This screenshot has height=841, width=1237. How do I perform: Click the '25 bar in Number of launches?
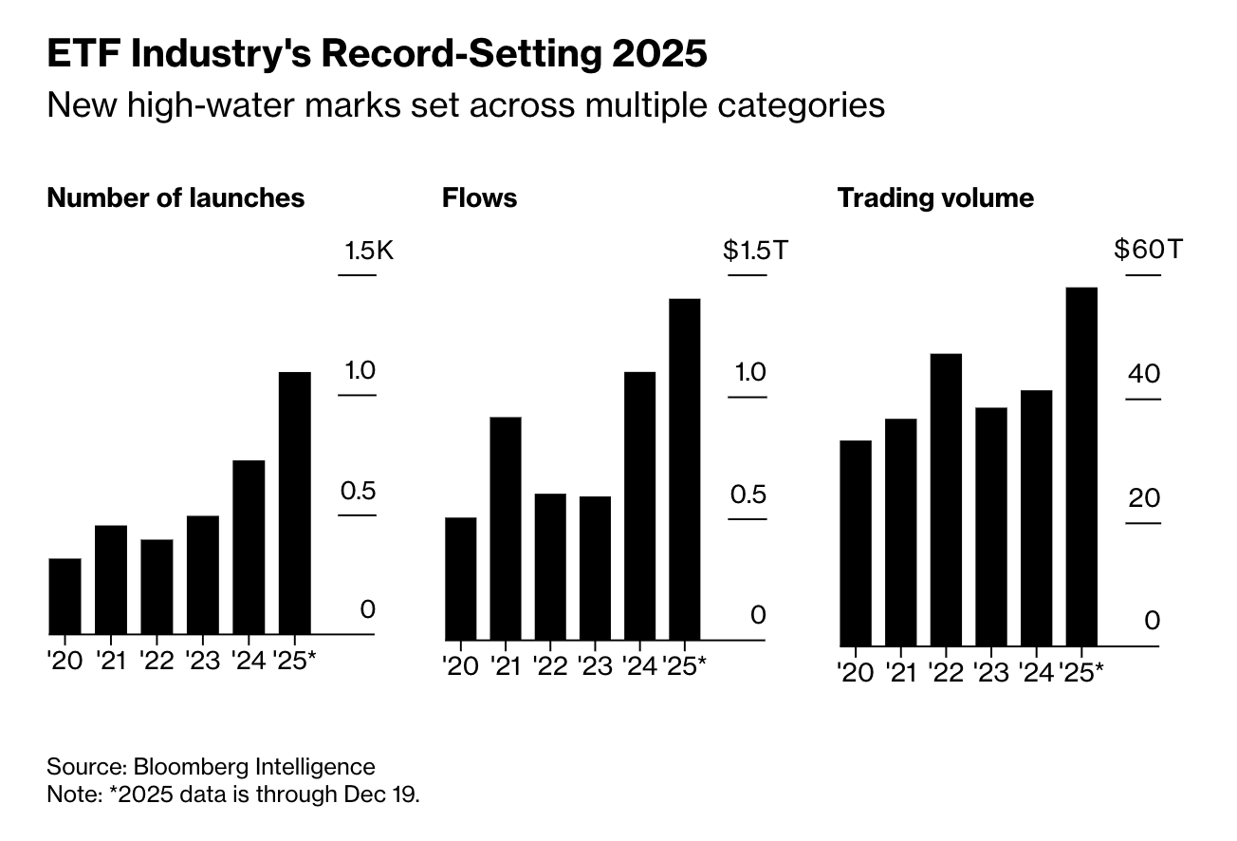[295, 503]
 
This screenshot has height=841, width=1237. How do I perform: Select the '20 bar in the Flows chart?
[460, 578]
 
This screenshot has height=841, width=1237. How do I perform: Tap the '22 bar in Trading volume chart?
[946, 499]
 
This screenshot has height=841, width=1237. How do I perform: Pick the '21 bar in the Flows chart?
[506, 528]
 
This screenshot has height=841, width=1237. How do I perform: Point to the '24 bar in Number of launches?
[249, 547]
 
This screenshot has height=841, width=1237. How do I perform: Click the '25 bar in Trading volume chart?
[1081, 466]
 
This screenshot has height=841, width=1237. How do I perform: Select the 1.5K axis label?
[369, 252]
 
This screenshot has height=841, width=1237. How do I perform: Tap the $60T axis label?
[1148, 251]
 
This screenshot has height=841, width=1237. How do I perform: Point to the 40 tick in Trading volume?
[1144, 374]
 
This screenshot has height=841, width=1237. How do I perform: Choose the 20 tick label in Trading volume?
[1144, 497]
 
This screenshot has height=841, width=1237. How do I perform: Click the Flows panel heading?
[480, 197]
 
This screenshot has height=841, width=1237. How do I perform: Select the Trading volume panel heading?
[935, 197]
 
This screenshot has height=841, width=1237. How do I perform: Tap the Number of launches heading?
[175, 197]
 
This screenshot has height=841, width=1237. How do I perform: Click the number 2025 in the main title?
[657, 54]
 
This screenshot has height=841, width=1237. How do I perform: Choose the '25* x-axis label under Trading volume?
[1085, 673]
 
